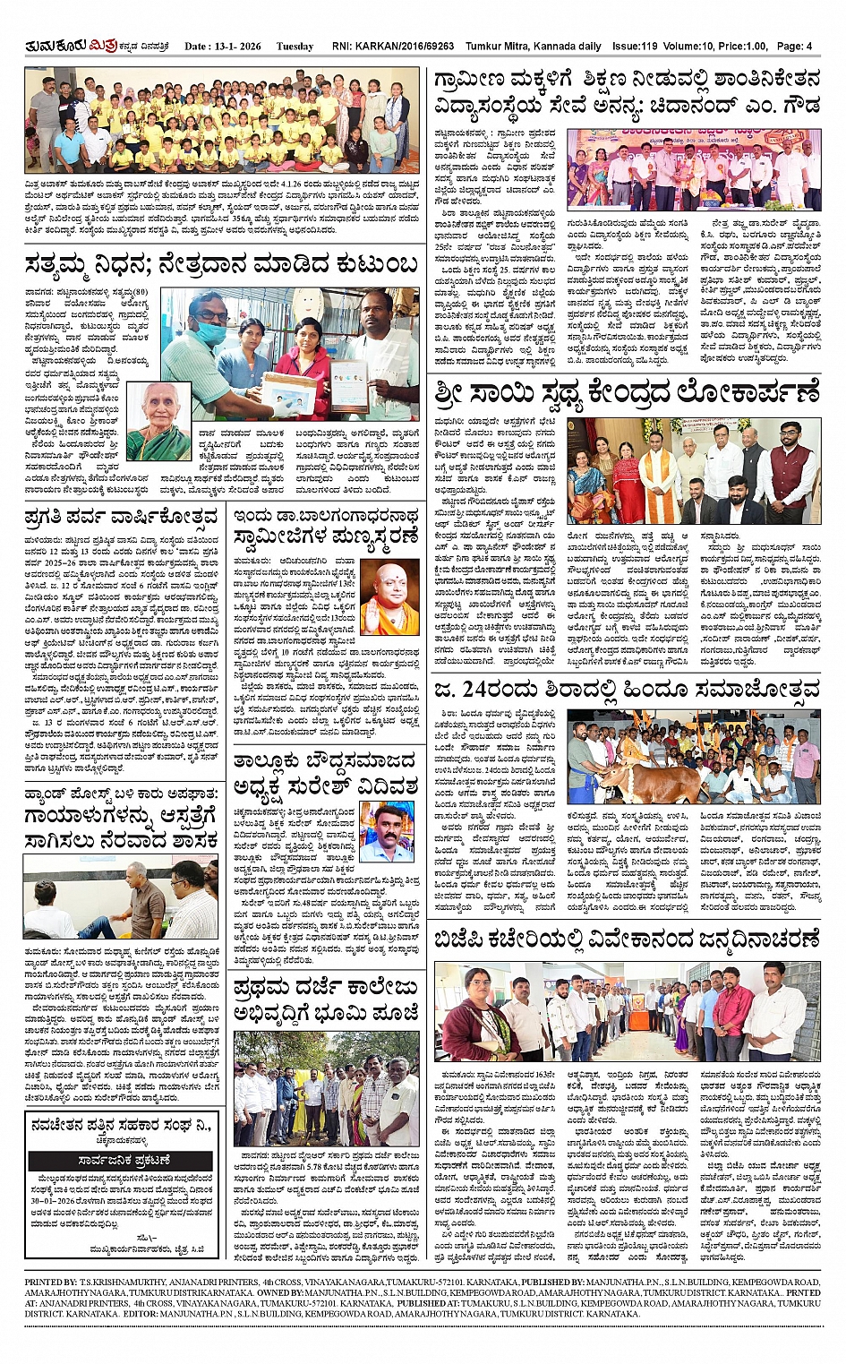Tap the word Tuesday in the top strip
(295, 47)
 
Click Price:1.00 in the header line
(742, 47)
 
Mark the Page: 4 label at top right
(795, 47)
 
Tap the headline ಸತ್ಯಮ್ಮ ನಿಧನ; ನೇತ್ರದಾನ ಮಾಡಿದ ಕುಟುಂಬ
(221, 266)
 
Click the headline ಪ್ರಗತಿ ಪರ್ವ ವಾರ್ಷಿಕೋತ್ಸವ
(122, 517)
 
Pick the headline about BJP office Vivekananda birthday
(628, 939)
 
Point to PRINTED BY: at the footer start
(51, 1283)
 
